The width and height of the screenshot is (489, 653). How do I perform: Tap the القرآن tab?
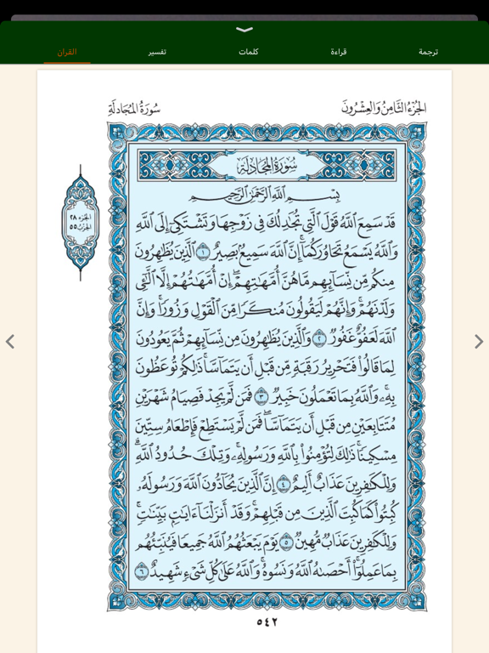tap(67, 52)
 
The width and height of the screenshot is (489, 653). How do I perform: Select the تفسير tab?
tap(157, 52)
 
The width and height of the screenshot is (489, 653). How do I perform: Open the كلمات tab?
tap(248, 52)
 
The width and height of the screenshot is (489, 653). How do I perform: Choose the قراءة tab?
tap(338, 52)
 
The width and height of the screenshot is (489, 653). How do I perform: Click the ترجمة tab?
tap(428, 52)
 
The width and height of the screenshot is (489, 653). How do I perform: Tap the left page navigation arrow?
tap(10, 342)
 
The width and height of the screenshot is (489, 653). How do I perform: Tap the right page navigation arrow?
tap(479, 342)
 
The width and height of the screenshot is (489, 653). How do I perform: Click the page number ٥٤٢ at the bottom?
tap(267, 622)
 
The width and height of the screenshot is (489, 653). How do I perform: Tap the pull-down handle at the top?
tap(244, 30)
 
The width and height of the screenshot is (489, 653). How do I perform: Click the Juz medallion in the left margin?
tap(81, 221)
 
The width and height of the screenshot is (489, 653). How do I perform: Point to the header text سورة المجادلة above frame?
tap(134, 108)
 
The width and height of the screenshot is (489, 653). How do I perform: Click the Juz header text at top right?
tap(384, 108)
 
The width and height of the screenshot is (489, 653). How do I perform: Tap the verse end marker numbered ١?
tap(203, 252)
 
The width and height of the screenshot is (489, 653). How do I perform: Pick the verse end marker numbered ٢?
tap(320, 338)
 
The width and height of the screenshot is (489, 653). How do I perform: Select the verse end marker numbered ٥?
tap(288, 541)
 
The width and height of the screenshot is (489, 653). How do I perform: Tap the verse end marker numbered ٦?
tap(142, 571)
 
